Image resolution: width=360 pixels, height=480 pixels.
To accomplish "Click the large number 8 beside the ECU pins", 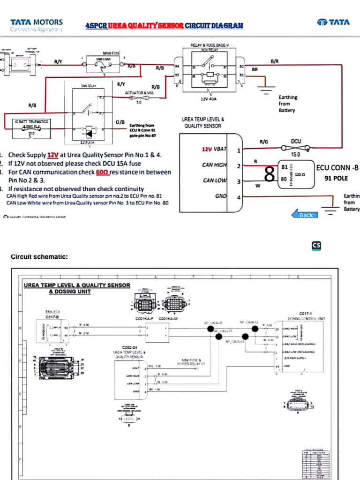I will tap(269, 174).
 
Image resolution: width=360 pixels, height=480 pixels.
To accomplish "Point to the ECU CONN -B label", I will tap(337, 167).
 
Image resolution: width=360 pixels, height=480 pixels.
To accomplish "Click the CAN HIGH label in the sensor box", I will tap(215, 165).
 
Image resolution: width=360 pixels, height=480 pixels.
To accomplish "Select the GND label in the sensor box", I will tap(221, 196).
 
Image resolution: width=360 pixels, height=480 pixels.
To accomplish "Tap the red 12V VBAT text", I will tap(214, 150).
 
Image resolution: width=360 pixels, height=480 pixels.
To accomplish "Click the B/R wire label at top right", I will tap(275, 61).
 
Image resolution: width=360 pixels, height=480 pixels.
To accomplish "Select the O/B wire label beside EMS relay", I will tap(120, 122).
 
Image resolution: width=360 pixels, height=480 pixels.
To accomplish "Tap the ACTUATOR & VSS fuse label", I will tap(139, 93).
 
